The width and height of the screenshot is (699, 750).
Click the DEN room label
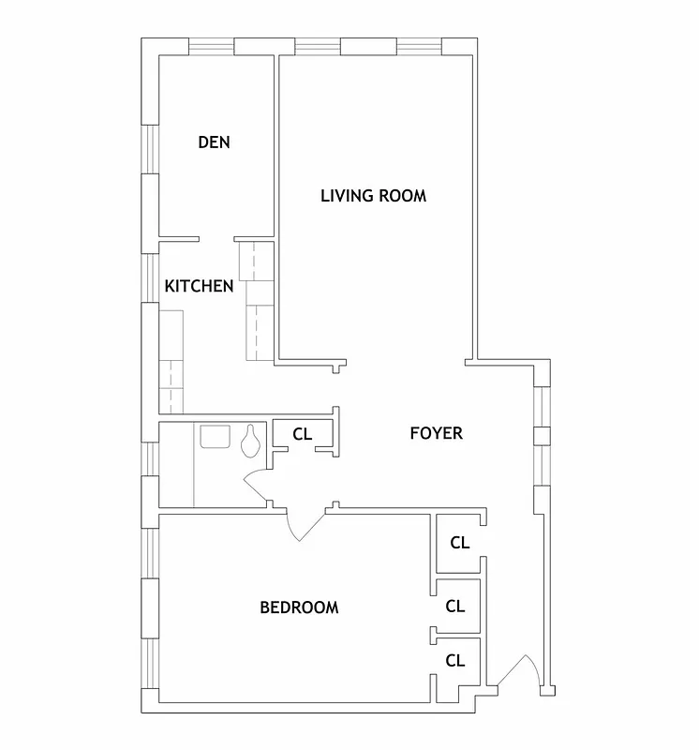point(214,142)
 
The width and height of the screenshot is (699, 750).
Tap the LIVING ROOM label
point(373,196)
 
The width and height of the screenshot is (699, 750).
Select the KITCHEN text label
point(199,286)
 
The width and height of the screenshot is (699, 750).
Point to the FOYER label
point(437,433)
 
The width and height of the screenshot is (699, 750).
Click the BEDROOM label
point(299,607)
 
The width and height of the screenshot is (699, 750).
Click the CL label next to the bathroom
point(302,434)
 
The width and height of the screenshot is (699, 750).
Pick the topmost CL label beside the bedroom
point(459,542)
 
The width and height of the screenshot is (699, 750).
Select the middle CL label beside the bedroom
point(455,607)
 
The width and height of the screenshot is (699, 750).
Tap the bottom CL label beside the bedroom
point(455,660)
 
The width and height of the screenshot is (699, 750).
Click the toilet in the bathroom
point(251,441)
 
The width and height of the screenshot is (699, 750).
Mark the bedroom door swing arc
point(302,528)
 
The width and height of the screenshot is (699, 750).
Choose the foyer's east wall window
point(541,436)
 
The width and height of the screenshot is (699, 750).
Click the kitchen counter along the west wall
point(171,361)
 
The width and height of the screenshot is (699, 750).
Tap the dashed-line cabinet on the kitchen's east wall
point(255,300)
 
